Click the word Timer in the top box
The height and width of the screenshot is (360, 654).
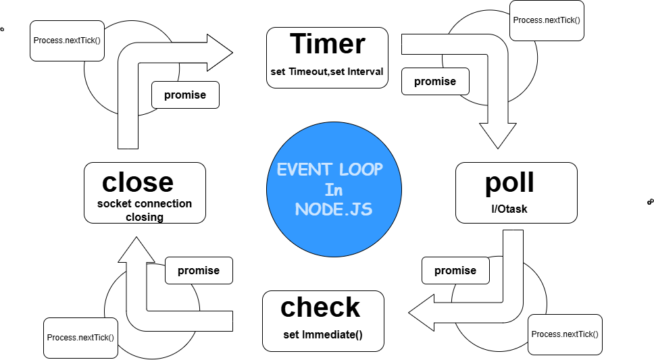pos(328,45)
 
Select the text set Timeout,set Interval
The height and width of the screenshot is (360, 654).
pos(327,72)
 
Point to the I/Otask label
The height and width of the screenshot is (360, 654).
pos(509,209)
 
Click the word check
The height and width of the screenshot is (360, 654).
pos(321,307)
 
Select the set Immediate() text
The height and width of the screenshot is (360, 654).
pos(323,335)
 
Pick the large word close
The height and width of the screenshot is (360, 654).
pos(138,182)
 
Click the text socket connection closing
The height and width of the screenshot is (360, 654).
pos(145,210)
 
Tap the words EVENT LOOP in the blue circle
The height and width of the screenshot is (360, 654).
pos(330,170)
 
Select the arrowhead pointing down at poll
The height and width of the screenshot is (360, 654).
pos(497,135)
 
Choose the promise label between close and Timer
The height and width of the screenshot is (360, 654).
pos(185,95)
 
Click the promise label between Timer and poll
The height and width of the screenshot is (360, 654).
pos(435,81)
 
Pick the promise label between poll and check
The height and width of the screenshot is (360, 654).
pos(455,270)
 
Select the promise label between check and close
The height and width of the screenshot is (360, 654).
pos(199,270)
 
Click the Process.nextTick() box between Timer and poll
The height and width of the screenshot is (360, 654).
pos(547,20)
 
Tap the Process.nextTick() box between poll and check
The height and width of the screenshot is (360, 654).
pos(565,334)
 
